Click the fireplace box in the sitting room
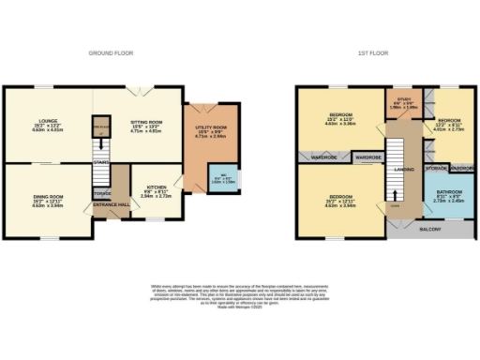(101, 127)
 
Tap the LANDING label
(404, 170)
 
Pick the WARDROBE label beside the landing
(367, 159)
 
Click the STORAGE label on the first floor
(434, 170)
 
